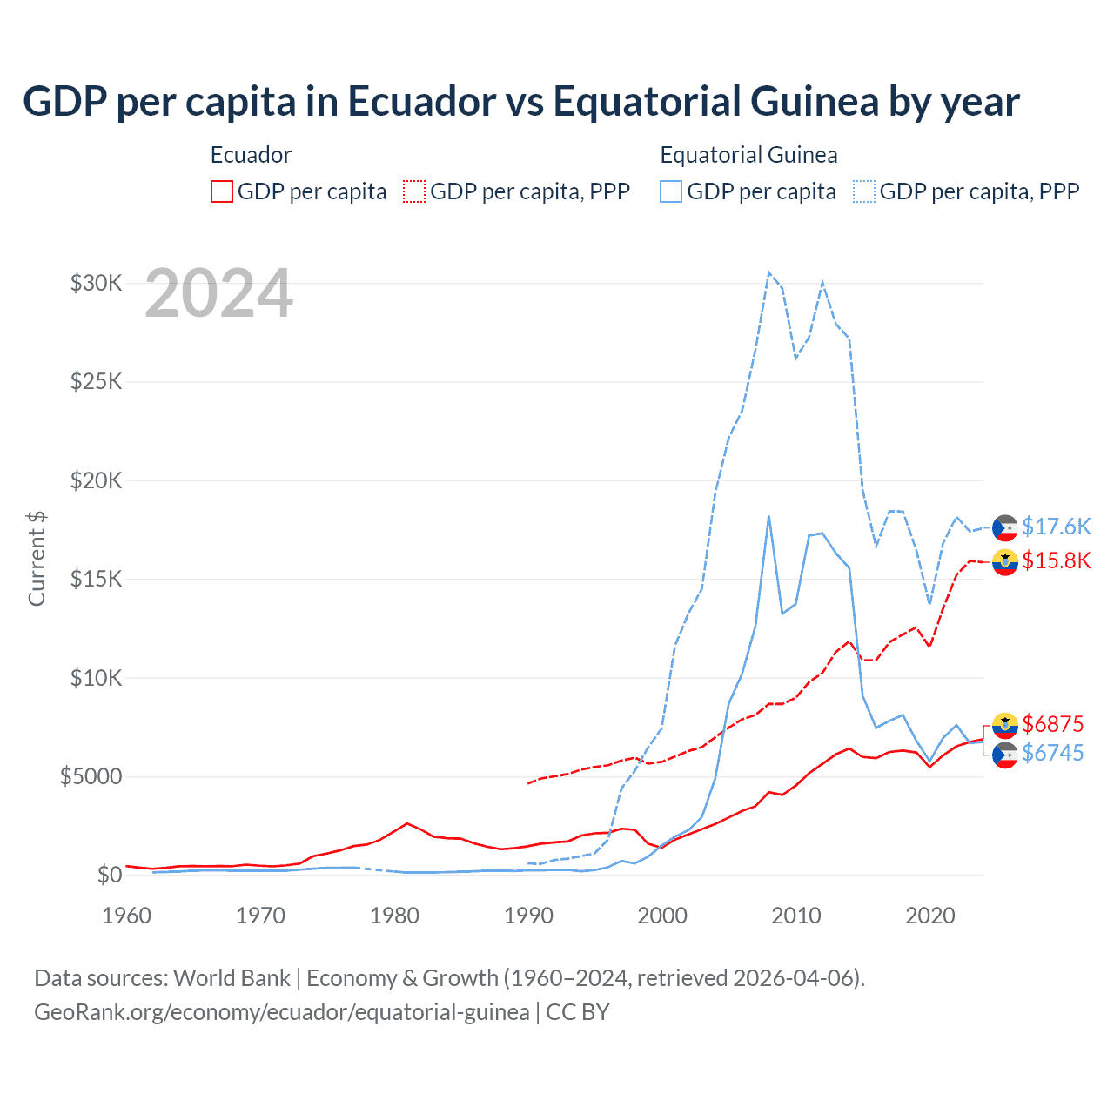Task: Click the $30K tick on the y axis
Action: tap(96, 283)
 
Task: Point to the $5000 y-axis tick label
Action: tap(91, 776)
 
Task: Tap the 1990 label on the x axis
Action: tap(528, 916)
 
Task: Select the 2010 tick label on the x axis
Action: tap(796, 916)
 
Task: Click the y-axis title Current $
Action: tap(37, 559)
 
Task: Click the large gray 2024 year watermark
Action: tap(218, 294)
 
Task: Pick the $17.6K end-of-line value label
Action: tap(1056, 527)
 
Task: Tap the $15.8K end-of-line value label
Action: tap(1056, 560)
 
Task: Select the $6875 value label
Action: tap(1052, 724)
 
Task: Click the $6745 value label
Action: tap(1052, 753)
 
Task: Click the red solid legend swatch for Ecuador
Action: tap(222, 191)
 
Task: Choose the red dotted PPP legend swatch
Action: tap(414, 191)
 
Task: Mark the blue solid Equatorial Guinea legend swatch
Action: tap(671, 191)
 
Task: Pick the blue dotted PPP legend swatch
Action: tap(864, 191)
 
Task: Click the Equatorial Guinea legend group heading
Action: tap(748, 155)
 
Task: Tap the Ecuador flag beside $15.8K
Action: tap(1005, 562)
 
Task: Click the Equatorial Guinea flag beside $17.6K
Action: tap(1005, 527)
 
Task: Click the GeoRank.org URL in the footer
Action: tap(282, 1012)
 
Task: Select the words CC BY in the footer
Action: tap(578, 1012)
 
